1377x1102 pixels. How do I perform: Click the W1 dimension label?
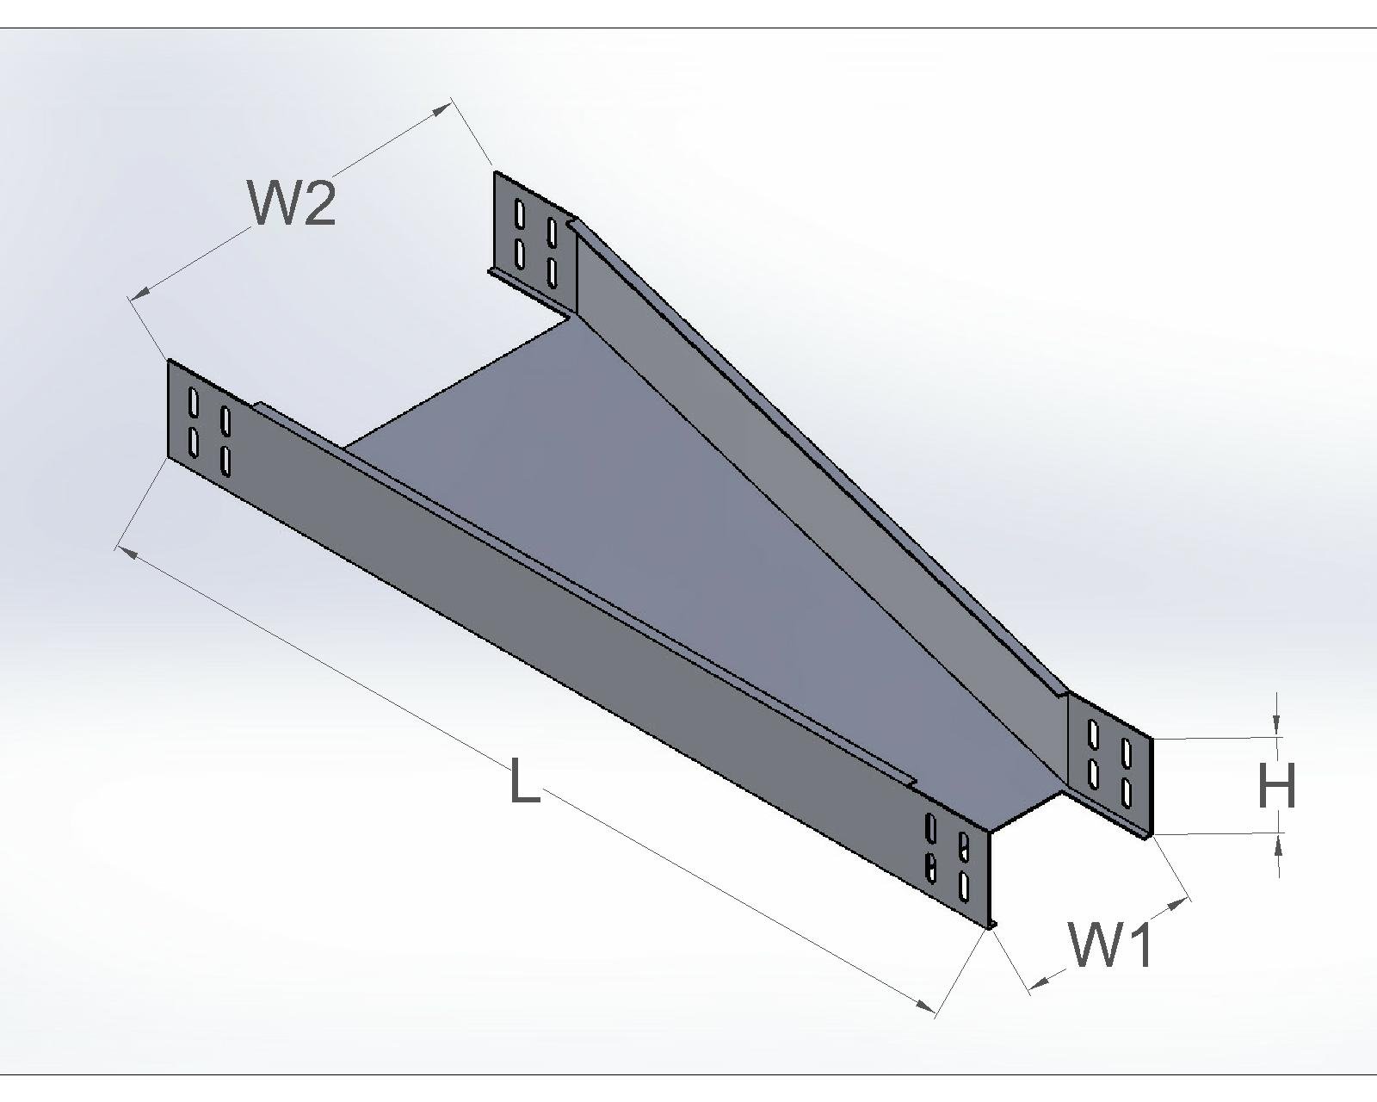pyautogui.click(x=1110, y=944)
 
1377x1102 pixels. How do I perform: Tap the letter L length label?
pyautogui.click(x=524, y=781)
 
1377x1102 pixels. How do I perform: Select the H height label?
pyautogui.click(x=1276, y=786)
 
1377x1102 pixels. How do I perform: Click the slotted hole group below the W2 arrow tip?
pyautogui.click(x=535, y=242)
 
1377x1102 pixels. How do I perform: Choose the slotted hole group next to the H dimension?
pyautogui.click(x=1109, y=755)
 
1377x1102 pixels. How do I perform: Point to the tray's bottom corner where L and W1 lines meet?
pyautogui.click(x=990, y=926)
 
